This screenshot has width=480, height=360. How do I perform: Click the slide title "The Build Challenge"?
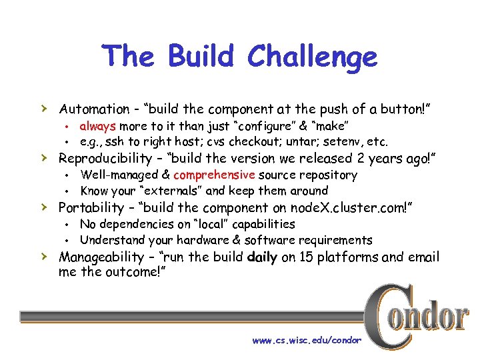point(239,57)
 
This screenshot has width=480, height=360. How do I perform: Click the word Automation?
point(94,109)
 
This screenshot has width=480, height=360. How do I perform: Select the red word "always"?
point(98,126)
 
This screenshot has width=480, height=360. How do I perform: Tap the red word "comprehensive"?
point(213,175)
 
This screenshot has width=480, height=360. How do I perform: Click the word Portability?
point(90,208)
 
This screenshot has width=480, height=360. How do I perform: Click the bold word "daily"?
point(261,257)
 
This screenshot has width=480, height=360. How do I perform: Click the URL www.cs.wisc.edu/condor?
point(306,341)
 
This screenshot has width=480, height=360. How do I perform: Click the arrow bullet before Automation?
point(43,108)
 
